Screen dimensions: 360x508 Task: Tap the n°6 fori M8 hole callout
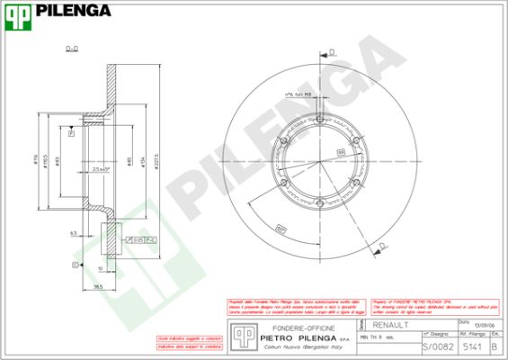298,94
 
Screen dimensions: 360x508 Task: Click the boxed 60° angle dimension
281,227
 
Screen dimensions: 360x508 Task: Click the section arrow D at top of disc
331,51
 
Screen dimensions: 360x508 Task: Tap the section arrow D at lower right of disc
384,245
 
